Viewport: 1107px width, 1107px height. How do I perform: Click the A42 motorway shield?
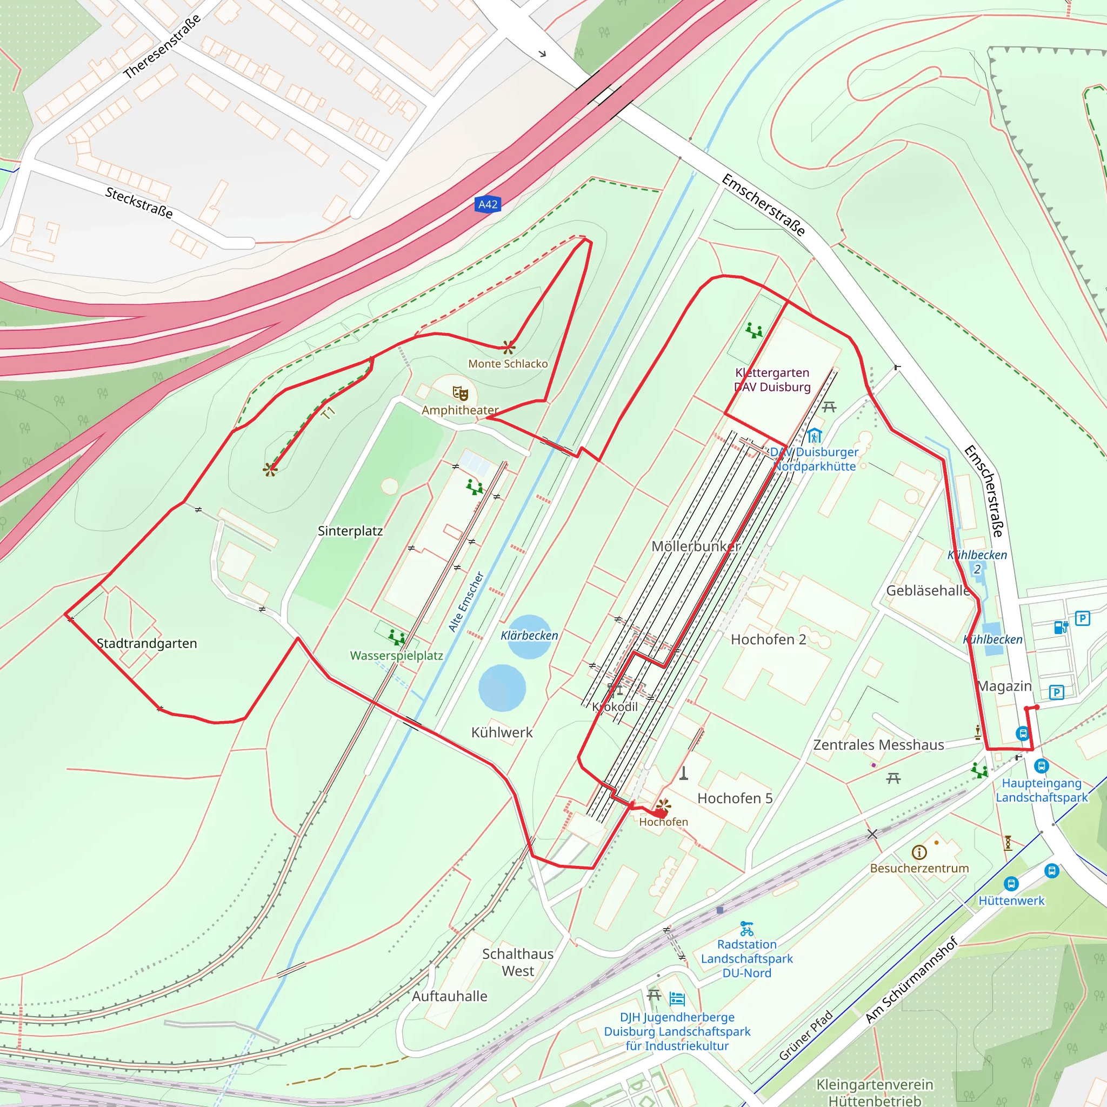[x=488, y=204]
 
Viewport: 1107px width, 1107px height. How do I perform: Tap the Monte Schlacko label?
[x=508, y=364]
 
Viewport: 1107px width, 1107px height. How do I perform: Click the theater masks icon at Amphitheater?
[x=460, y=394]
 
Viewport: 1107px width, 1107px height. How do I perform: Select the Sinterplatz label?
[x=350, y=531]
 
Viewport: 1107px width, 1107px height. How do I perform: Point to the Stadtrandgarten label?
[x=146, y=643]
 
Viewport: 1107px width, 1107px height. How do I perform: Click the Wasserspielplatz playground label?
[x=397, y=656]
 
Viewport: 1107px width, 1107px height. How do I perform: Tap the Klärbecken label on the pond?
[x=529, y=636]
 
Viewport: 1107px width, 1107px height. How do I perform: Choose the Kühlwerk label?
[x=502, y=732]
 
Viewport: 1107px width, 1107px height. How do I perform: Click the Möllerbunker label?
[x=696, y=546]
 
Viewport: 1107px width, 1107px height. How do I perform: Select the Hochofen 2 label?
[x=768, y=639]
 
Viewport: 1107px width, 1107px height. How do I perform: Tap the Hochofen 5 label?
[x=735, y=798]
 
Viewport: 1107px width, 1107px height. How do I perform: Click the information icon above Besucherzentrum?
[x=919, y=852]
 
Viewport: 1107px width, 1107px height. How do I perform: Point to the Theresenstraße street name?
[x=162, y=46]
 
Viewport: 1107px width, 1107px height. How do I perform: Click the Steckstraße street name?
[x=139, y=203]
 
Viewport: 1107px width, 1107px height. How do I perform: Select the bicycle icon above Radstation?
[x=746, y=929]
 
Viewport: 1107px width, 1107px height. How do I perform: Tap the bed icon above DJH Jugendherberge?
[x=677, y=999]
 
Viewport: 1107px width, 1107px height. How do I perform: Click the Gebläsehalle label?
[x=928, y=591]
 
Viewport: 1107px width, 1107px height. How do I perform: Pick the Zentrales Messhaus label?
[x=878, y=745]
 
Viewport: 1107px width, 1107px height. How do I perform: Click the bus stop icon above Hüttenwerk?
[x=1011, y=884]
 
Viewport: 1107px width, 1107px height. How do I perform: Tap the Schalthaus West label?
[x=517, y=963]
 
